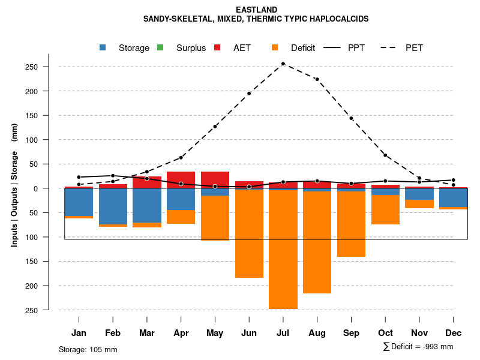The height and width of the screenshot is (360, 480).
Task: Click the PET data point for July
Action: [283, 64]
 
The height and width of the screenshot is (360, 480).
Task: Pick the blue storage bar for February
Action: [113, 206]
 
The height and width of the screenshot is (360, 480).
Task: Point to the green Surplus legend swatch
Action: [160, 47]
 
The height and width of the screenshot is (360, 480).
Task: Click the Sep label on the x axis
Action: [351, 333]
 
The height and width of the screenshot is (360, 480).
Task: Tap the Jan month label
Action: [79, 333]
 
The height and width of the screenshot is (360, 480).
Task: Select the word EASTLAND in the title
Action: [256, 10]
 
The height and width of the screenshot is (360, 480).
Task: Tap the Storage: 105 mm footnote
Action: [88, 349]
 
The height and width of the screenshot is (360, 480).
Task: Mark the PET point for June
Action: [249, 93]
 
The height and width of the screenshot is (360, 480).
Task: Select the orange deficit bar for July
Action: [283, 250]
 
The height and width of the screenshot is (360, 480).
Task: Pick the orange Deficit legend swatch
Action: [275, 47]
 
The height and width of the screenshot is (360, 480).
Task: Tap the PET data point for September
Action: [351, 118]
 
